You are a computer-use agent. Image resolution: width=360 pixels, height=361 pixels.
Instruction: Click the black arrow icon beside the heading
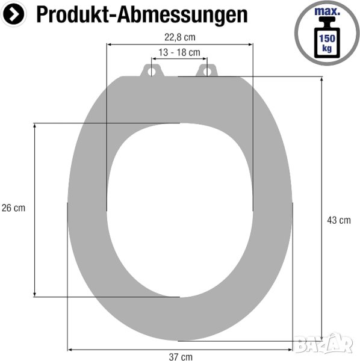click(x=13, y=14)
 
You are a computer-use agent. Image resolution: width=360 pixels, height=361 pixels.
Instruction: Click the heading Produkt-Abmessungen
click(x=142, y=14)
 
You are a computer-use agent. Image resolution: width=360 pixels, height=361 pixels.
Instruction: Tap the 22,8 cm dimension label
click(x=180, y=37)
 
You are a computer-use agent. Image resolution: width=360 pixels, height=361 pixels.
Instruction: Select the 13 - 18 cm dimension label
click(x=179, y=52)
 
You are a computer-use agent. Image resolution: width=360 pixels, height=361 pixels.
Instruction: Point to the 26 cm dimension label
click(x=13, y=208)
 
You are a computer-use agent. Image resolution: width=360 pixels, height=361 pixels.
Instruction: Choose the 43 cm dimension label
click(x=339, y=220)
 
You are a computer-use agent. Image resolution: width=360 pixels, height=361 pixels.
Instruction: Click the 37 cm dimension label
click(x=181, y=357)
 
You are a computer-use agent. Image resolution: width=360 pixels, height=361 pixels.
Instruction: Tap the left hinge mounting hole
click(x=152, y=72)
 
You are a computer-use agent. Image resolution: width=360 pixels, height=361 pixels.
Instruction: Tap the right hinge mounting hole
click(x=207, y=72)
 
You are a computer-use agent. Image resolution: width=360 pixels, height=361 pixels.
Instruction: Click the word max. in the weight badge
click(x=327, y=11)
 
